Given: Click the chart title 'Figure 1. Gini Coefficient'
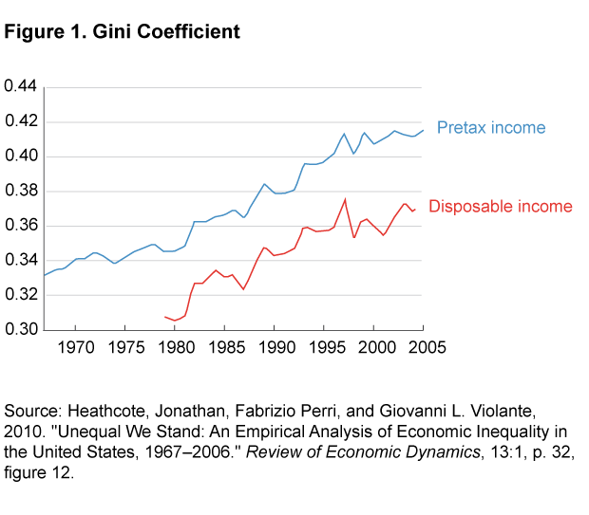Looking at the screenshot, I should pyautogui.click(x=123, y=32).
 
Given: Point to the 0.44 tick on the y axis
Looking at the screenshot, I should pyautogui.click(x=20, y=87).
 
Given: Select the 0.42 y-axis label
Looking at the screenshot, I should pyautogui.click(x=20, y=121).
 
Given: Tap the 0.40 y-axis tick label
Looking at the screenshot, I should pyautogui.click(x=20, y=156).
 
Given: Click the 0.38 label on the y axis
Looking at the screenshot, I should pyautogui.click(x=20, y=191).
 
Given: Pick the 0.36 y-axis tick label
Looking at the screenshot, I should pyautogui.click(x=20, y=226).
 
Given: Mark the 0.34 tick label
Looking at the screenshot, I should pyautogui.click(x=20, y=261).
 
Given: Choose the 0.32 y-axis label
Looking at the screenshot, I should pyautogui.click(x=20, y=295).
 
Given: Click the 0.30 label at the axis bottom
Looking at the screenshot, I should pyautogui.click(x=20, y=330).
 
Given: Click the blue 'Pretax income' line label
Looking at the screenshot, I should pyautogui.click(x=491, y=128).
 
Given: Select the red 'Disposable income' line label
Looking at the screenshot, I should pyautogui.click(x=501, y=207).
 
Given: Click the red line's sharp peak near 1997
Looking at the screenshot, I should pyautogui.click(x=345, y=199).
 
